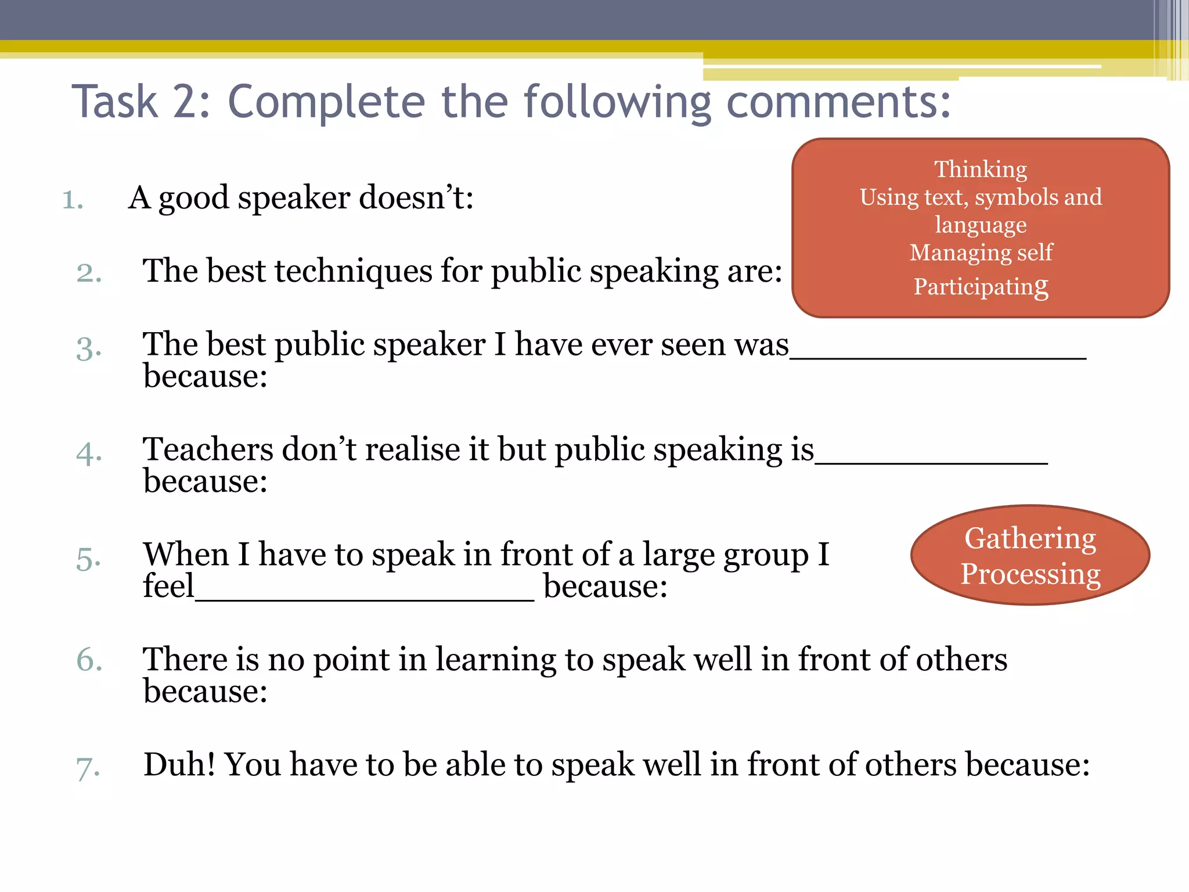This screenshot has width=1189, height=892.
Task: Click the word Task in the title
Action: pyautogui.click(x=114, y=102)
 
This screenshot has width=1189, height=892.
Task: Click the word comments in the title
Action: pyautogui.click(x=838, y=102)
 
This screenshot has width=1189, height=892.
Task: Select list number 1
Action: pyautogui.click(x=73, y=199)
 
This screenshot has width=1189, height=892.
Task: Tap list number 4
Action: pyautogui.click(x=89, y=453)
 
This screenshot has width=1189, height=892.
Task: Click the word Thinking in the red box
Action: pyautogui.click(x=981, y=170)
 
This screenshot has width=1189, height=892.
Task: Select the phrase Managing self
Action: pyautogui.click(x=981, y=253)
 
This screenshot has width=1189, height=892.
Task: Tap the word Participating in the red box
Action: pyautogui.click(x=981, y=286)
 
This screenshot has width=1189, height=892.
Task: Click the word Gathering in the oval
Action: pyautogui.click(x=1030, y=538)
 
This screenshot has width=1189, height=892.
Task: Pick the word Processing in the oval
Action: pyautogui.click(x=1030, y=574)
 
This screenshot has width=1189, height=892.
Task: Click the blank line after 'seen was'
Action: pyautogui.click(x=938, y=355)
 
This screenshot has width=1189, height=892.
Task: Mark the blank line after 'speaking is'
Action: pyautogui.click(x=931, y=460)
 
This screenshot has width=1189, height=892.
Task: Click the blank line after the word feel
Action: pyautogui.click(x=364, y=597)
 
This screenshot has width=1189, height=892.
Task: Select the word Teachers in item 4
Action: pyautogui.click(x=208, y=449)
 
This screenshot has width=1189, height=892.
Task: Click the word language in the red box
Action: pyautogui.click(x=981, y=225)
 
